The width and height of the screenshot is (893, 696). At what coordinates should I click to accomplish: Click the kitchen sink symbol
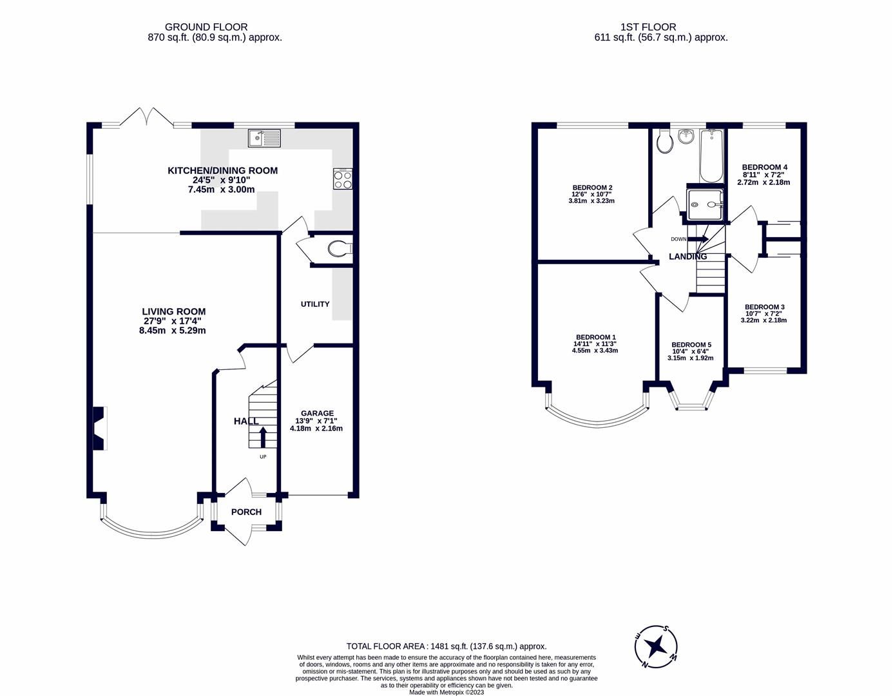pos(264,138)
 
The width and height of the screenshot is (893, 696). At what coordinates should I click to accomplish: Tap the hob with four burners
pos(343,179)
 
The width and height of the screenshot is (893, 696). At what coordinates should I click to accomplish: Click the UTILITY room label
pos(315,304)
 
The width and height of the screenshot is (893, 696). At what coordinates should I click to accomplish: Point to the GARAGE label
pos(318,414)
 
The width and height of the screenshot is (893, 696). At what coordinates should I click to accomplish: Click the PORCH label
pos(246,512)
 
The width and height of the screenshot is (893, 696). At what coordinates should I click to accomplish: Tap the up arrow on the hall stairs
pos(263,438)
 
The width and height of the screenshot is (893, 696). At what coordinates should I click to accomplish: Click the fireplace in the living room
pos(99,429)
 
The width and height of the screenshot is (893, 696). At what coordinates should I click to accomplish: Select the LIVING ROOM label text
pos(174,312)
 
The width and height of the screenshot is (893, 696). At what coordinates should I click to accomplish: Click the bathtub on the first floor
pos(711,156)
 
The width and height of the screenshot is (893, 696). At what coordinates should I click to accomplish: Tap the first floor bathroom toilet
pos(664,142)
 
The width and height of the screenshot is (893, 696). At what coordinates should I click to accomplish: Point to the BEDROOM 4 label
pos(764,168)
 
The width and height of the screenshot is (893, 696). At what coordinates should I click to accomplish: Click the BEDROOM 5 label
pos(691,345)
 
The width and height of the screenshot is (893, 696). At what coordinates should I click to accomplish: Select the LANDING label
pos(687,256)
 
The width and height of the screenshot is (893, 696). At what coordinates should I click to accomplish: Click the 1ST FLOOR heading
pos(648,27)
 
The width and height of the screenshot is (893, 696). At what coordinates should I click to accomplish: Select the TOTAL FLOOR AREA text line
pos(446,646)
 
